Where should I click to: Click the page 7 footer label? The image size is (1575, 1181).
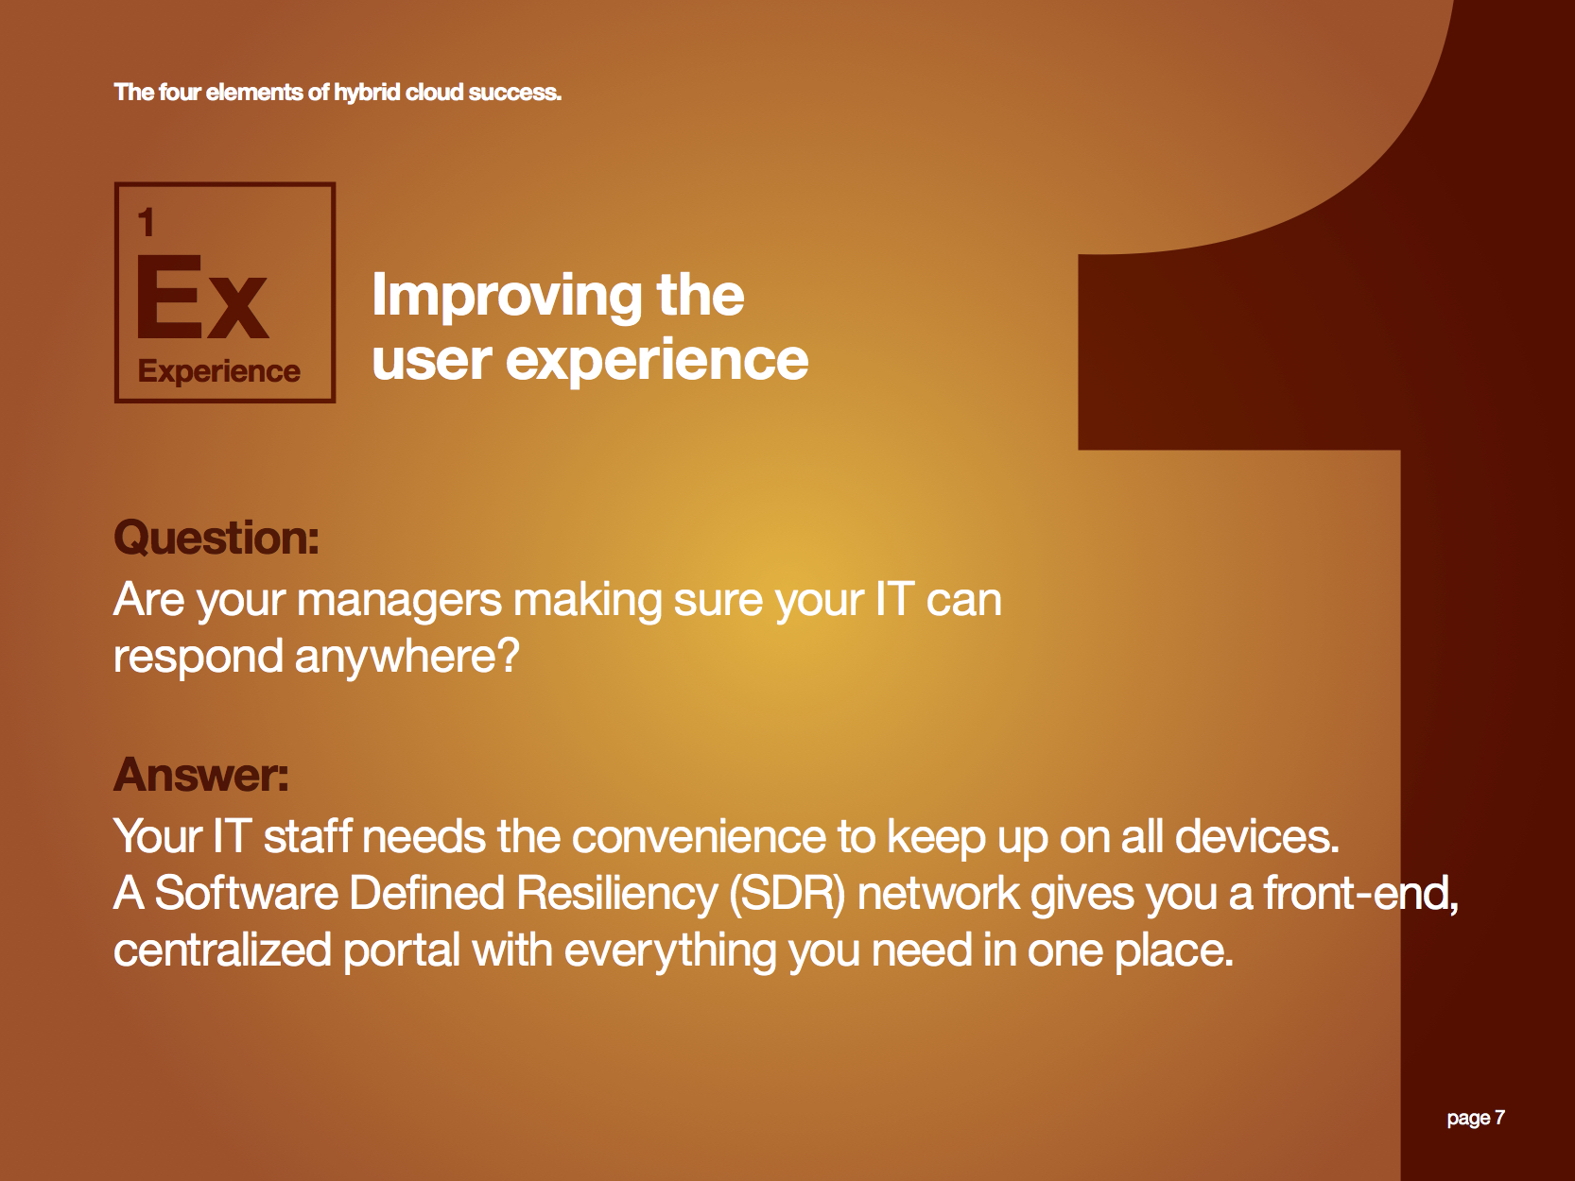[x=1475, y=1118]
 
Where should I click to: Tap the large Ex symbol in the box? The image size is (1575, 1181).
[x=202, y=298]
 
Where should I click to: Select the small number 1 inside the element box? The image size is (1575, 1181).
[x=147, y=222]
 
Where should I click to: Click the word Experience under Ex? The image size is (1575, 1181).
[x=218, y=371]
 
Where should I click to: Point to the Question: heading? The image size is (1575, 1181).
[x=216, y=537]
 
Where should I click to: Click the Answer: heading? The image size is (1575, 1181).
[x=201, y=775]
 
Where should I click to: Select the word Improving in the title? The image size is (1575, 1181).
[x=507, y=296]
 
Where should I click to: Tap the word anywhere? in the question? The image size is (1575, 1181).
[x=407, y=657]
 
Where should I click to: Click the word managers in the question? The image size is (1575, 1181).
[x=399, y=601]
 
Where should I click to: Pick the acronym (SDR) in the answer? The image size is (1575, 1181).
[x=787, y=894]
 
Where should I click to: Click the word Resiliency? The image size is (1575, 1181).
[x=617, y=894]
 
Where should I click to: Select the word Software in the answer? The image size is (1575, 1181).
[x=246, y=894]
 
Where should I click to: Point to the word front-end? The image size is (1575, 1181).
[x=1360, y=894]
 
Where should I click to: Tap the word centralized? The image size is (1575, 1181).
[x=222, y=950]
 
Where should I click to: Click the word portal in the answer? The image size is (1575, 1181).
[x=401, y=951]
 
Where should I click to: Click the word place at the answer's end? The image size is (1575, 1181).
[x=1173, y=951]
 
